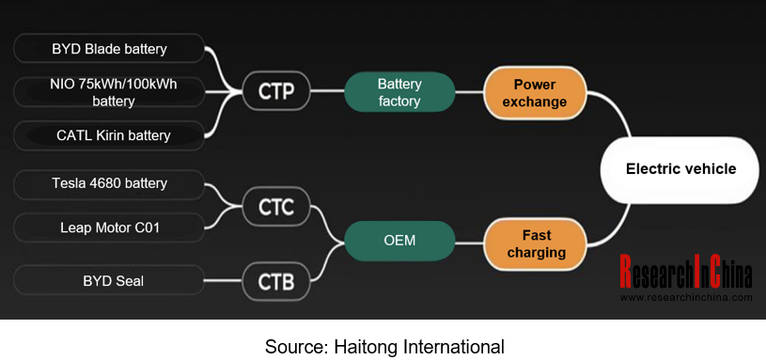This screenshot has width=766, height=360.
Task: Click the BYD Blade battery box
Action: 109,49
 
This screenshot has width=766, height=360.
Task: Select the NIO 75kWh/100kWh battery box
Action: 109,92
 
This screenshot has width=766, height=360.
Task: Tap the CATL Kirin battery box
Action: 109,135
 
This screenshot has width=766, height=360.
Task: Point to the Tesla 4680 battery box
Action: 109,183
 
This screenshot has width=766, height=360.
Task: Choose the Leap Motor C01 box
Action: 109,227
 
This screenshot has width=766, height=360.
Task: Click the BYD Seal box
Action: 109,280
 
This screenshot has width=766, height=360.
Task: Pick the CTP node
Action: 276,92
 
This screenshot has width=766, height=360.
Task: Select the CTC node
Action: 276,207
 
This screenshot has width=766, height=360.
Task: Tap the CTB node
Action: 276,280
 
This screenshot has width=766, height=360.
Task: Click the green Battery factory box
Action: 399,92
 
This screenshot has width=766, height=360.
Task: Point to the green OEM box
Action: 399,242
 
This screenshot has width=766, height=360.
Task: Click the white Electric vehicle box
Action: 681,170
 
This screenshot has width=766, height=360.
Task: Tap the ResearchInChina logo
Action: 686,274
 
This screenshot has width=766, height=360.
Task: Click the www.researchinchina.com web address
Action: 686,297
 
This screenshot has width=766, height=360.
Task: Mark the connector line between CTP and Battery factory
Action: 327,92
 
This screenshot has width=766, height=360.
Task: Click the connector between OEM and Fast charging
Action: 469,242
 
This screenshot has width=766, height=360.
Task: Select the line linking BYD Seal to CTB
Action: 224,280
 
